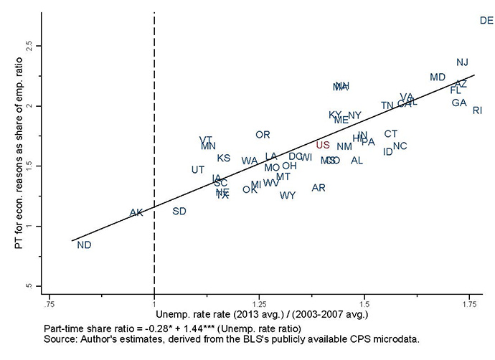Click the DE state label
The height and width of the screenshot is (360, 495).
486,21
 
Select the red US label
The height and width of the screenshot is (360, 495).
323,145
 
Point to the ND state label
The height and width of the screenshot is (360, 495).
84,245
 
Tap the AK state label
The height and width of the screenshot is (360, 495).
136,213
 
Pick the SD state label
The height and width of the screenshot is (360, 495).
179,211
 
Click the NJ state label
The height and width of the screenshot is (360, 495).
463,62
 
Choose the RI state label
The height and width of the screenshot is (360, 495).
477,110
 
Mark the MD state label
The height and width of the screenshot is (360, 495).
438,77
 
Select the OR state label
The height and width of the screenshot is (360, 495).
263,135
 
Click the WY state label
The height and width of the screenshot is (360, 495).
288,196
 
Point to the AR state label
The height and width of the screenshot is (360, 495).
319,188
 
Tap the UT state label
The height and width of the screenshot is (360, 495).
198,170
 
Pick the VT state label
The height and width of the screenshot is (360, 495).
206,140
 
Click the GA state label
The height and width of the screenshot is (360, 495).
459,103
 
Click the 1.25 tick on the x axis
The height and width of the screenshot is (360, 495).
259,303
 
